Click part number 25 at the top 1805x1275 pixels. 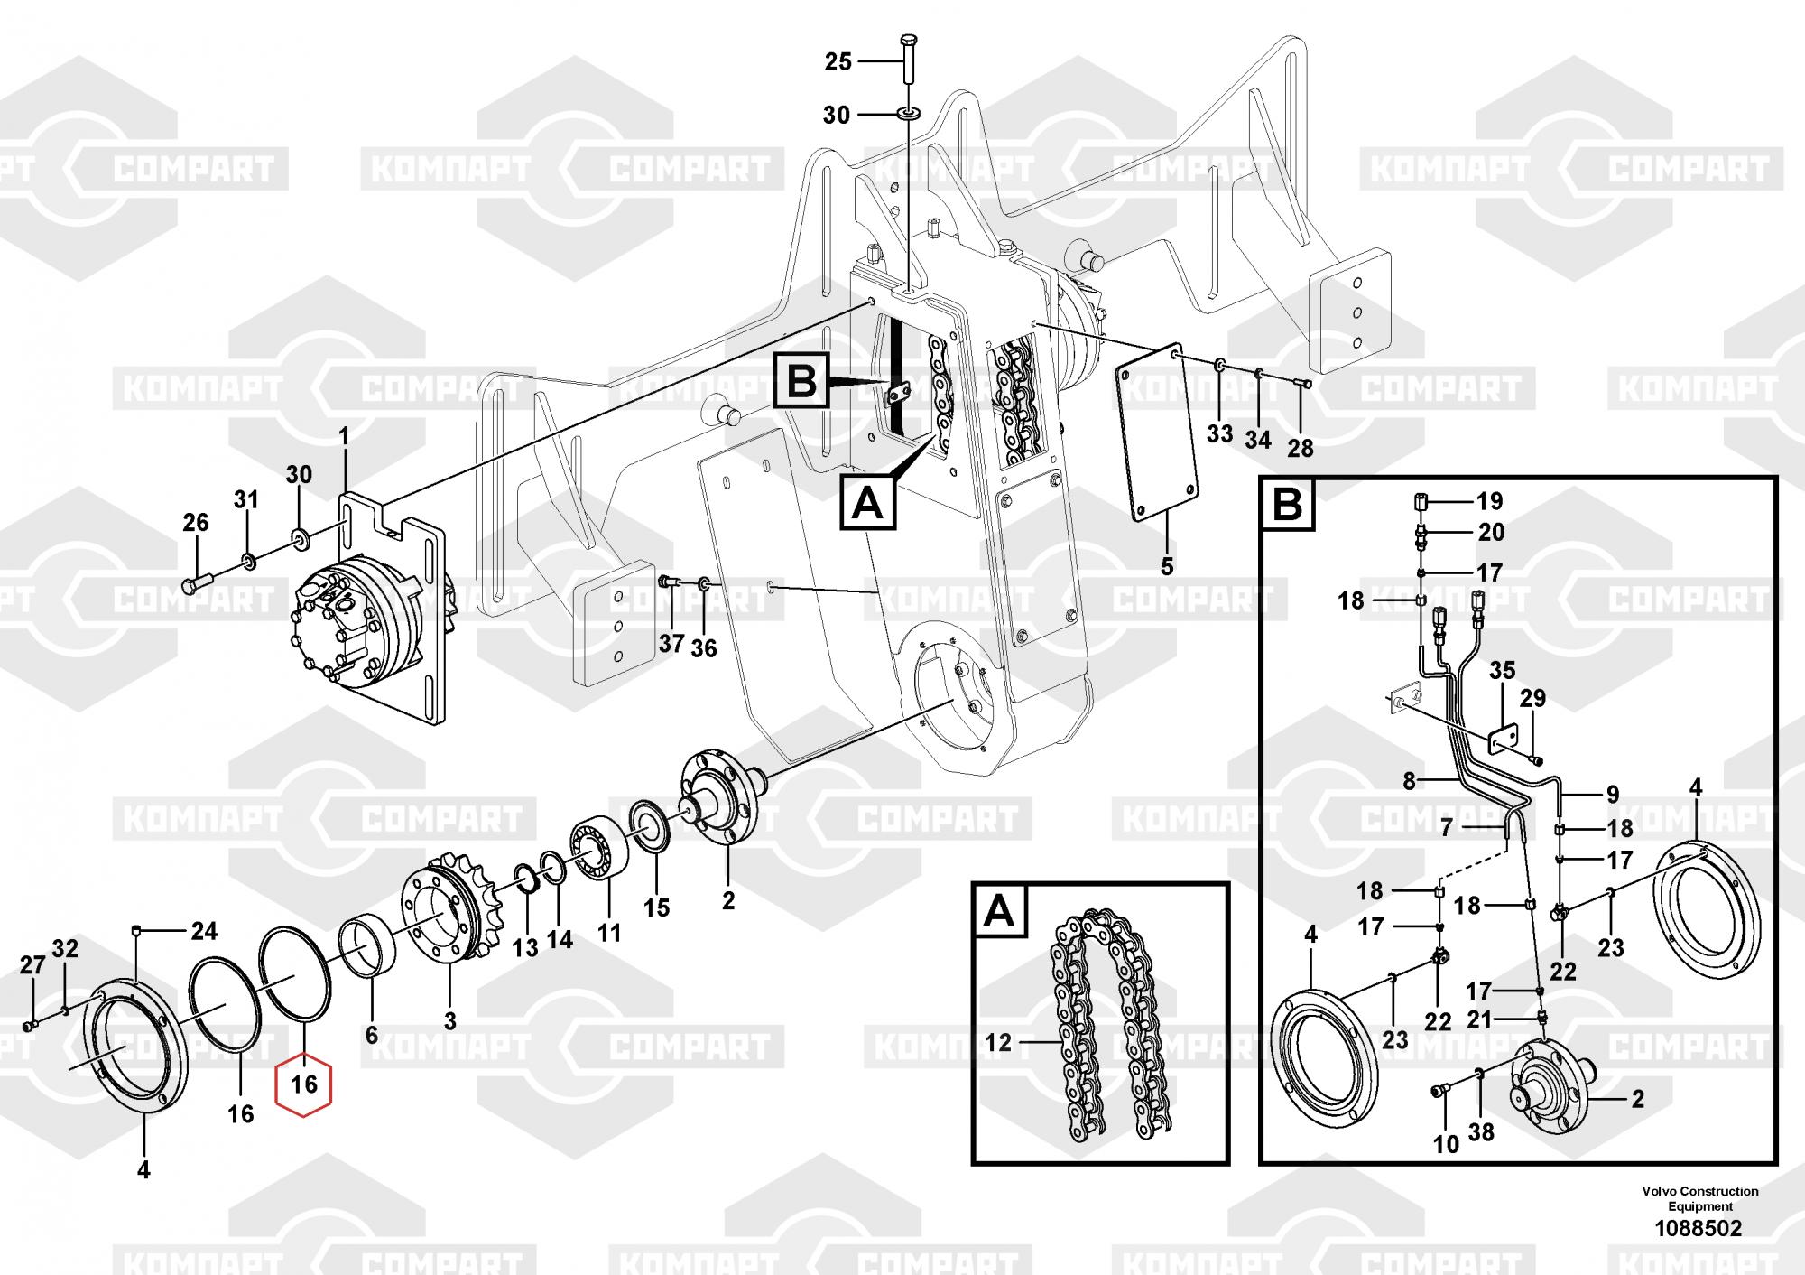point(838,61)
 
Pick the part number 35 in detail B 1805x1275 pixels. point(1502,671)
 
